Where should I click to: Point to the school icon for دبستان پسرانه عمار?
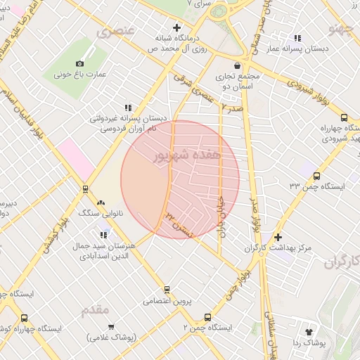pos(297,37)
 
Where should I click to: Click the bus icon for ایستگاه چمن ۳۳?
pos(316,176)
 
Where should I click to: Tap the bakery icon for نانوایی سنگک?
pos(101,202)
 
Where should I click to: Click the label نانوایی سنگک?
pos(102,212)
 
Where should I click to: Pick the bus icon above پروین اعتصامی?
pos(167,289)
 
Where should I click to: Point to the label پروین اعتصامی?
pos(167,300)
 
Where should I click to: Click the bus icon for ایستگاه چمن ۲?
pos(207,317)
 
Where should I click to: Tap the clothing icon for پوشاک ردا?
pos(308,331)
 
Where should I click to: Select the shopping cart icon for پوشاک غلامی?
pos(111,326)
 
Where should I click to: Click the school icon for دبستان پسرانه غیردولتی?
pos(127,108)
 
